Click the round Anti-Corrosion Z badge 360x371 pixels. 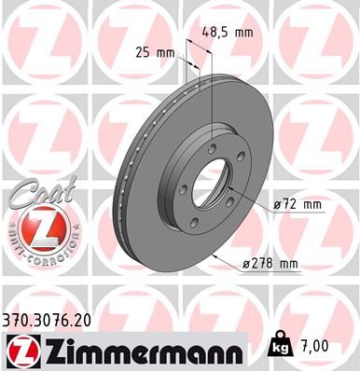tap(37, 229)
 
